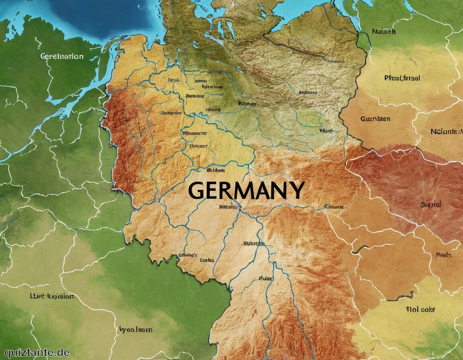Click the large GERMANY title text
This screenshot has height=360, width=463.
(246, 190)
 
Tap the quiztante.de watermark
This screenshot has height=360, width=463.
(35, 352)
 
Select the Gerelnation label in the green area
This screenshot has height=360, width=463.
(62, 56)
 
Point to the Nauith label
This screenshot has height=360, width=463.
(384, 31)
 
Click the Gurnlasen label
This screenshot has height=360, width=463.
(375, 119)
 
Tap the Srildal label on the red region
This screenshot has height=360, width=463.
(431, 205)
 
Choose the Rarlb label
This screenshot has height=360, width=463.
(444, 255)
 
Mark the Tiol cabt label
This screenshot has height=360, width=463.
(420, 309)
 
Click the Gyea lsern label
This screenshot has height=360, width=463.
(135, 329)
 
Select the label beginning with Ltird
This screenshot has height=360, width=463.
(52, 296)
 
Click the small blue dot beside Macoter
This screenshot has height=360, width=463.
(240, 207)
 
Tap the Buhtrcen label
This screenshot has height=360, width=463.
(254, 243)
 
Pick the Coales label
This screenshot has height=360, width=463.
(207, 260)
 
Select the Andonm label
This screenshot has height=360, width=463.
(308, 92)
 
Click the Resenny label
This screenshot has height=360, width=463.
(195, 96)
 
